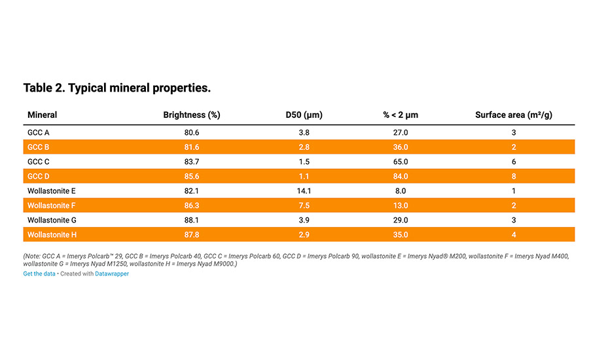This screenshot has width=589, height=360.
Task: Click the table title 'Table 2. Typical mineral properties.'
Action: pos(116,88)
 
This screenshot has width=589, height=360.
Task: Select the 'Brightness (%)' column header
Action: pos(191,115)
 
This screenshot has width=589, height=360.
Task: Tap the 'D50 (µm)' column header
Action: pos(304,115)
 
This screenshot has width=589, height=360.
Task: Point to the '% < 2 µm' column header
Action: pos(401,115)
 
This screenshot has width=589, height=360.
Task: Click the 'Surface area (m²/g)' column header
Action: pos(514,115)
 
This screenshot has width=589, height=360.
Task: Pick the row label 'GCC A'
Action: pos(39,133)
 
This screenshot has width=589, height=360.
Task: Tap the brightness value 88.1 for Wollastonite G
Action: pos(191,220)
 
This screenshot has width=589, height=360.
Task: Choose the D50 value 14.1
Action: pos(304,191)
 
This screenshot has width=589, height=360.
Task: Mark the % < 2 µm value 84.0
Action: pos(401,176)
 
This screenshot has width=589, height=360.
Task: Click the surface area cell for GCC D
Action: pos(514,176)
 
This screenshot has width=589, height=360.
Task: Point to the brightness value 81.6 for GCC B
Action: pos(191,147)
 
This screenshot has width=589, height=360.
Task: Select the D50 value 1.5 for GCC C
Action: pos(304,162)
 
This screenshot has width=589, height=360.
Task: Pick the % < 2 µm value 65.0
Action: pos(401,162)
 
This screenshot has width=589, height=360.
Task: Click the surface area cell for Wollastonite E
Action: pos(514,191)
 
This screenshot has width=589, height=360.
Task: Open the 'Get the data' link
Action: pos(39,274)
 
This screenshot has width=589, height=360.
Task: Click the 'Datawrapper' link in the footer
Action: pos(112,274)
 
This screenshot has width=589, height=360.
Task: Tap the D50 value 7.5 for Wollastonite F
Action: pos(304,206)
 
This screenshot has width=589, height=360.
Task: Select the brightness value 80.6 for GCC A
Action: pos(191,133)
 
